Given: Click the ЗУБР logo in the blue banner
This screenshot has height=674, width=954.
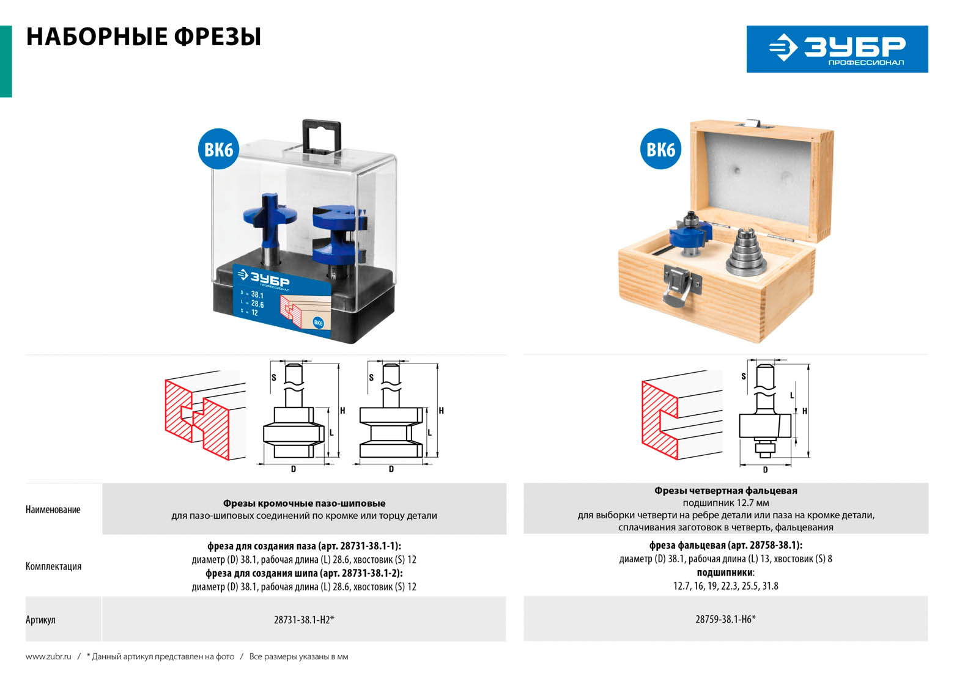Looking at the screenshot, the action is pyautogui.click(x=837, y=49).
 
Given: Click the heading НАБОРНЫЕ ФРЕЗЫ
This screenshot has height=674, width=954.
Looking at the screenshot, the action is pyautogui.click(x=144, y=37).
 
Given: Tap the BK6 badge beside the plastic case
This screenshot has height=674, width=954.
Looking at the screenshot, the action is pyautogui.click(x=218, y=149).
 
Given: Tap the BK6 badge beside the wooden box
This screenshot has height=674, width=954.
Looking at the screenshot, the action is pyautogui.click(x=660, y=149).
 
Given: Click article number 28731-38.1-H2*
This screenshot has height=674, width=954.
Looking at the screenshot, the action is pyautogui.click(x=304, y=620).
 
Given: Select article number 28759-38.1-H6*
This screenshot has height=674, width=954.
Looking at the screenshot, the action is pyautogui.click(x=726, y=619).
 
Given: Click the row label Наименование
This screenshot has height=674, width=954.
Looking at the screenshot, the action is pyautogui.click(x=53, y=510).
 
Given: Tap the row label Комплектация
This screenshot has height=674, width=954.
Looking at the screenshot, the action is pyautogui.click(x=53, y=566).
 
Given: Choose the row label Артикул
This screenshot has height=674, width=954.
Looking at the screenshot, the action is pyautogui.click(x=40, y=620).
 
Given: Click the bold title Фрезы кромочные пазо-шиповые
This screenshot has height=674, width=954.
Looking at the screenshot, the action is pyautogui.click(x=304, y=504).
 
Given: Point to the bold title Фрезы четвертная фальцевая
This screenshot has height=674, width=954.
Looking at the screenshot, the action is pyautogui.click(x=726, y=491).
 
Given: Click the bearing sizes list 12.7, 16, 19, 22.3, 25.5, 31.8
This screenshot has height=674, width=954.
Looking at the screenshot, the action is pyautogui.click(x=726, y=586).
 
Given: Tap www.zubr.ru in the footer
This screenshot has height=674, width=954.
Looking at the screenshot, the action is pyautogui.click(x=48, y=656).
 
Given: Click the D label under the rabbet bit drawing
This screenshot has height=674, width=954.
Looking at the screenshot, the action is pyautogui.click(x=765, y=470).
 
